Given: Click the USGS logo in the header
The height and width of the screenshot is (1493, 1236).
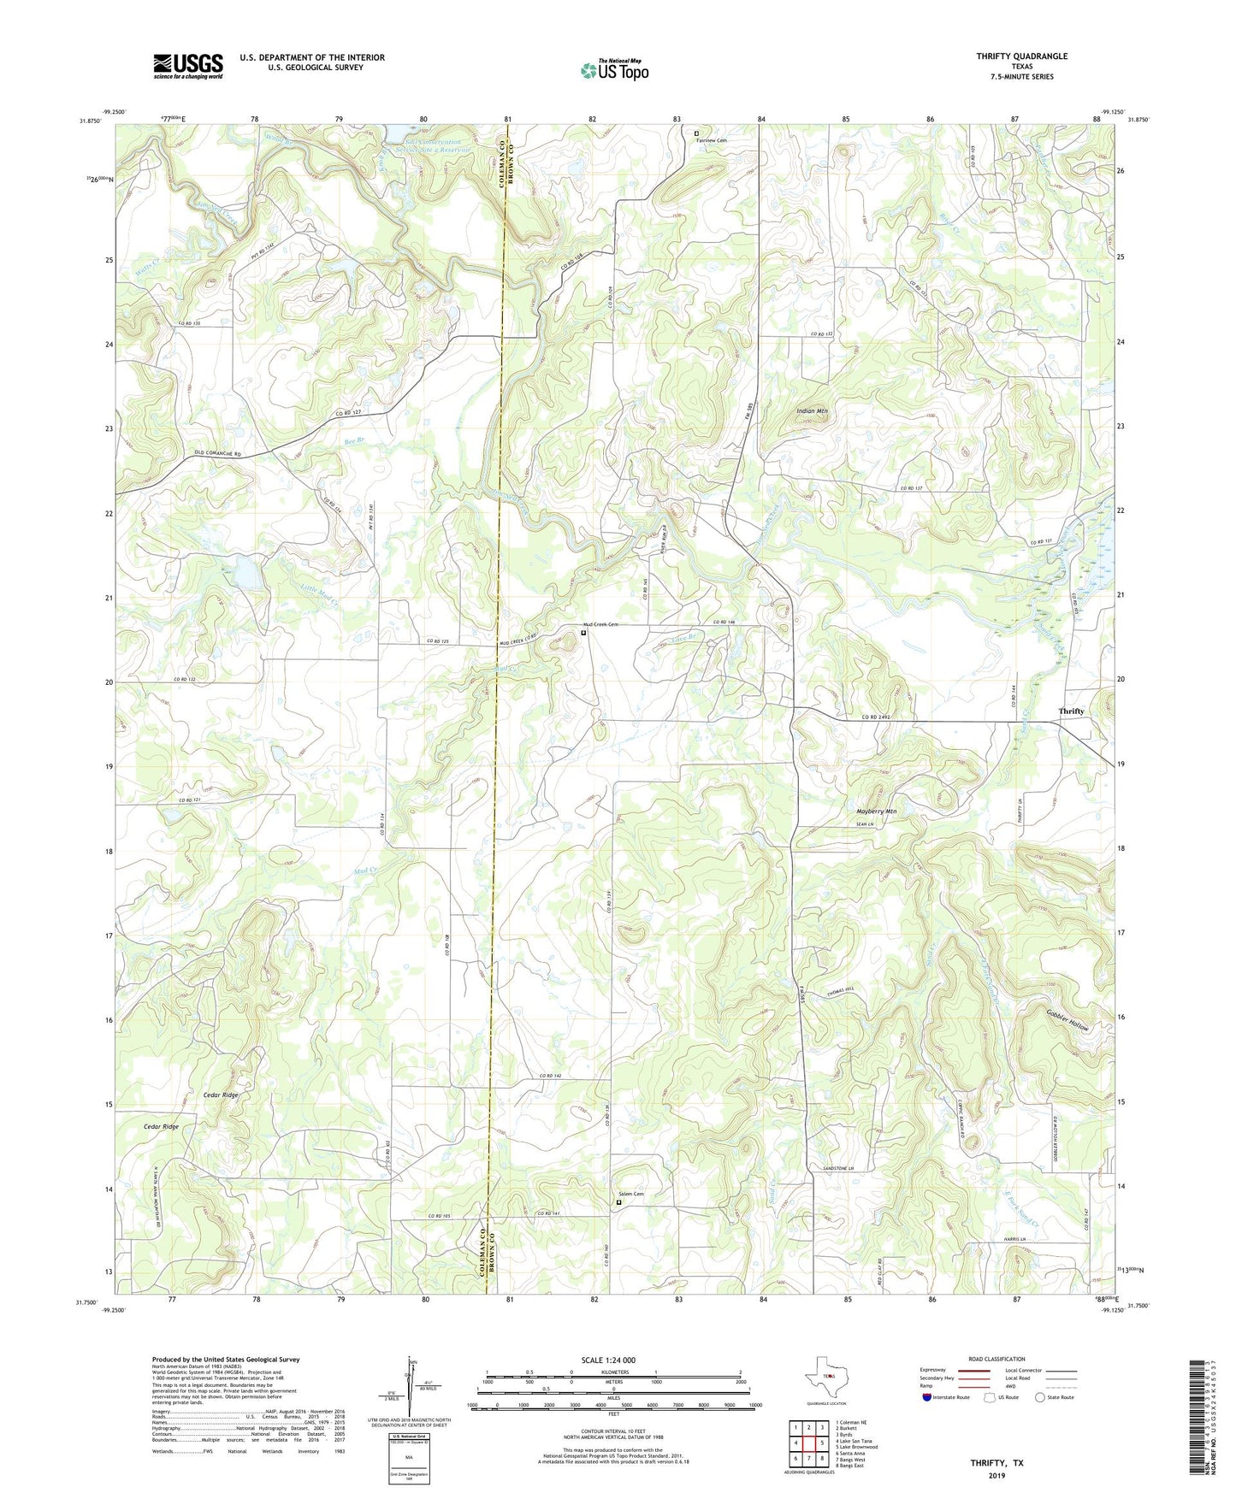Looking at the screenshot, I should (188, 66).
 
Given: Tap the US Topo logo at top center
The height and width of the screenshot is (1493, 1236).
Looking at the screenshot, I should (614, 70).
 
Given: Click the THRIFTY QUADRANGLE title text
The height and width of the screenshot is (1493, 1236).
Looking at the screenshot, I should (1021, 56).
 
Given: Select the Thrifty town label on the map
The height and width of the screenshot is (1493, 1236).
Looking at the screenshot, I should (1071, 711).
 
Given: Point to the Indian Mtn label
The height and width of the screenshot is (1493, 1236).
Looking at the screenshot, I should (812, 411).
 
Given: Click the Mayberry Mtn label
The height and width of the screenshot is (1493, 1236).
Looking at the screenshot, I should (876, 811).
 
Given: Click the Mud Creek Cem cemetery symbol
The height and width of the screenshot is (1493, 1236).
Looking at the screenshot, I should (584, 634).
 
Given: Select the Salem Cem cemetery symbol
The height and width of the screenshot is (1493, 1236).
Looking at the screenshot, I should (619, 1203).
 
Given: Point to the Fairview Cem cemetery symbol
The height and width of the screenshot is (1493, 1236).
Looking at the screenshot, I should (696, 133).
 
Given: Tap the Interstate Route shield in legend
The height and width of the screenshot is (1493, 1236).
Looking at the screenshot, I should (929, 1397).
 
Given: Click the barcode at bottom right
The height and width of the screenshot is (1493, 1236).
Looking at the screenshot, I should (1200, 1416).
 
